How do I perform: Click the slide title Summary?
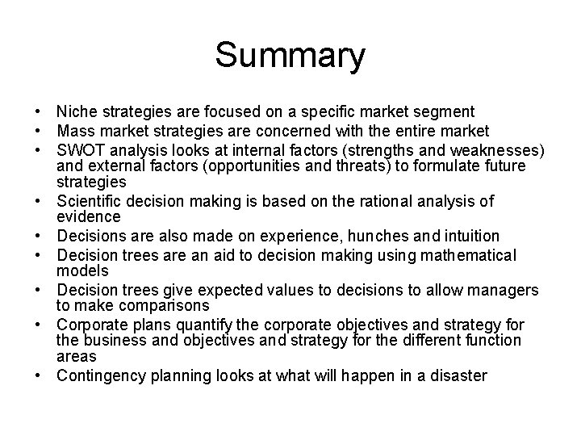tap(290, 57)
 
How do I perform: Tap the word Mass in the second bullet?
tap(74, 131)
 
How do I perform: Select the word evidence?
tap(88, 216)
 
